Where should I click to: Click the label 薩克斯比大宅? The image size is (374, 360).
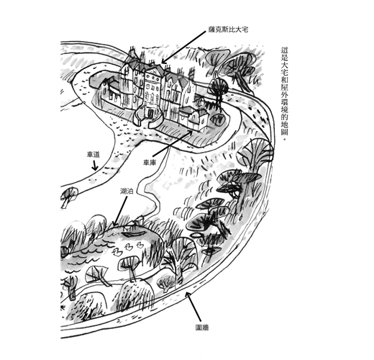pyautogui.click(x=228, y=30)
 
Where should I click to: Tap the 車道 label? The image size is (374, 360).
pyautogui.click(x=93, y=154)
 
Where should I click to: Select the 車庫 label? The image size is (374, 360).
pyautogui.click(x=150, y=163)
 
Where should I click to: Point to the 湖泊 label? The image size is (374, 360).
pyautogui.click(x=127, y=191)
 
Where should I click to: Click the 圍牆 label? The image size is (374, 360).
pyautogui.click(x=202, y=327)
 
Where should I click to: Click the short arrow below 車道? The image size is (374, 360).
pyautogui.click(x=95, y=165)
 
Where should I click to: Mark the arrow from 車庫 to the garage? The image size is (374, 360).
pyautogui.click(x=173, y=143)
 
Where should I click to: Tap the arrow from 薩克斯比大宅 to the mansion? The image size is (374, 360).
pyautogui.click(x=183, y=48)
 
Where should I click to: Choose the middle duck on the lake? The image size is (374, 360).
pyautogui.click(x=129, y=248)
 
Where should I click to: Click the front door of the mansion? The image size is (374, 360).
pyautogui.click(x=150, y=114)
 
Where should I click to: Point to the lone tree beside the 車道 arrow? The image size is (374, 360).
pyautogui.click(x=69, y=196)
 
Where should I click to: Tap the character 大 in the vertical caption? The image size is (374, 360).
pyautogui.click(x=284, y=66)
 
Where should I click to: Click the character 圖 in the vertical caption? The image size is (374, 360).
pyautogui.click(x=284, y=132)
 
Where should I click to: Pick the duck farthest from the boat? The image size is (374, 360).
pyautogui.click(x=117, y=252)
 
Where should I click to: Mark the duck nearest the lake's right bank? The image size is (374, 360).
pyautogui.click(x=140, y=245)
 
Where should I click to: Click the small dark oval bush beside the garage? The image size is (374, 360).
pyautogui.click(x=217, y=119)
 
